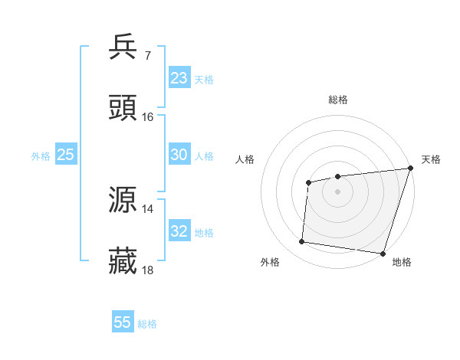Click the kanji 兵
pos(123,47)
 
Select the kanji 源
pos(123,200)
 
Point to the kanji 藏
pos(123,261)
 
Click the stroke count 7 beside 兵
pos(147,56)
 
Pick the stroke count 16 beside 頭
pos(148,117)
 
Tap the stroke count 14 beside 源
pos(148,209)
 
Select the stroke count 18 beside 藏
pos(148,270)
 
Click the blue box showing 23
pos(179,78)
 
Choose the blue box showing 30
pos(179,155)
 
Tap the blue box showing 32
pos(179,231)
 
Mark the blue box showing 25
pos(66,155)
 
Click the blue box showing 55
pos(123,322)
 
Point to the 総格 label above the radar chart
pos(338,100)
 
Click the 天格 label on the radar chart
pos(431,159)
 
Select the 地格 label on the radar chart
pos(402,263)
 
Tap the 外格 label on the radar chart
pos(270,263)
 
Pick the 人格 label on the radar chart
pos(245,159)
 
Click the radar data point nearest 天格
pos(410,169)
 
